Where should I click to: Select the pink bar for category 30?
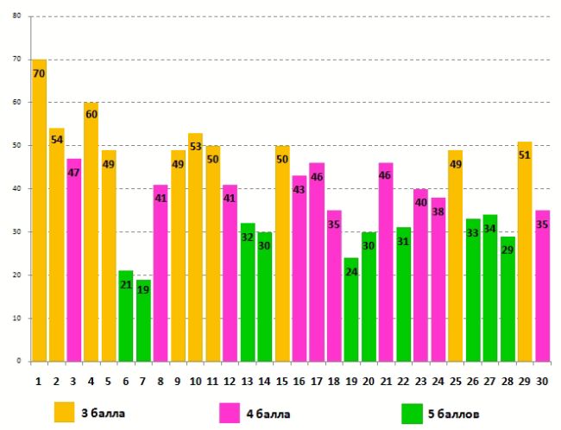coord(543,289)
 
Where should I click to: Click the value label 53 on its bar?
coord(195,148)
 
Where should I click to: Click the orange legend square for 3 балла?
coord(65,412)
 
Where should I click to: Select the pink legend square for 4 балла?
coord(231,412)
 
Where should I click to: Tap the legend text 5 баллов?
coord(454,414)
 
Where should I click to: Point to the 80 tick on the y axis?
coord(16,16)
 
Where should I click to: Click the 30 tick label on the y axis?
coord(16,232)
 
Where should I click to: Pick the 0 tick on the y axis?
coord(19,362)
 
